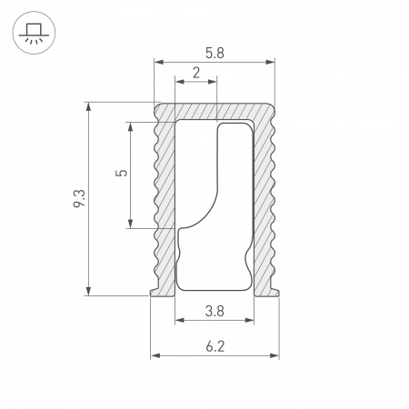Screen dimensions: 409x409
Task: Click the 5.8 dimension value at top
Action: point(214,53)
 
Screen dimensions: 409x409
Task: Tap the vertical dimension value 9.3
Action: point(80,198)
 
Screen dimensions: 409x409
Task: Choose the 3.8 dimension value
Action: point(214,311)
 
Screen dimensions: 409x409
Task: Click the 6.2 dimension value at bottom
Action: point(214,345)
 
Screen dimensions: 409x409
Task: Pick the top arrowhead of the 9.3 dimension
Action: point(88,106)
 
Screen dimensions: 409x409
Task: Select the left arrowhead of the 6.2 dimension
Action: point(154,355)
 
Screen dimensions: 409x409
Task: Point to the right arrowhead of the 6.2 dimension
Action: point(275,355)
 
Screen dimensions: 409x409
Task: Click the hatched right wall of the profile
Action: point(264,200)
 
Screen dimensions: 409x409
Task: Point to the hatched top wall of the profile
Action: point(214,110)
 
